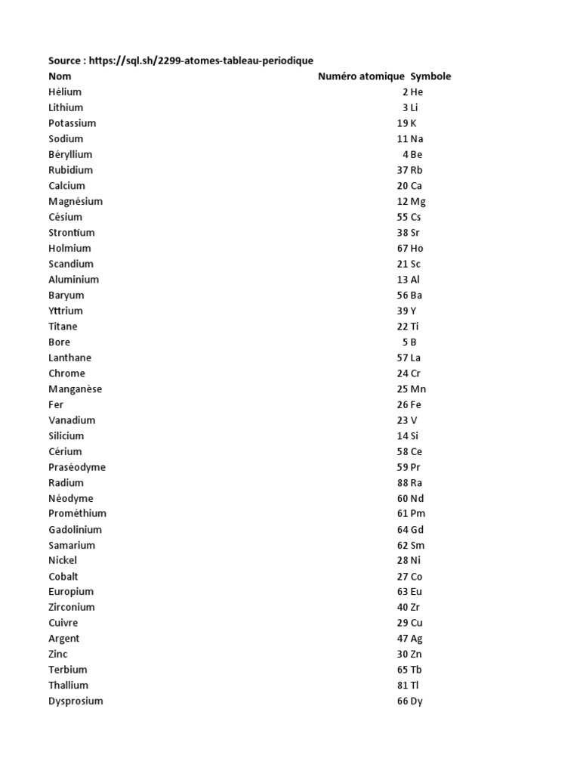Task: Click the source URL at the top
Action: pyautogui.click(x=201, y=60)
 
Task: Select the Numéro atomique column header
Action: pyautogui.click(x=361, y=76)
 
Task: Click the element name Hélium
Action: pyautogui.click(x=65, y=92)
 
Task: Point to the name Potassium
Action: pyautogui.click(x=72, y=123)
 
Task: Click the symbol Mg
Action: pyautogui.click(x=418, y=202)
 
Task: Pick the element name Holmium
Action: pyautogui.click(x=69, y=249)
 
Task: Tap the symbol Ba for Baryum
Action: pyautogui.click(x=416, y=296)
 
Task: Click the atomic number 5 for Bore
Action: pyautogui.click(x=405, y=342)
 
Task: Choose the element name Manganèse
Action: pyautogui.click(x=75, y=389)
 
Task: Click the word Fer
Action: pyautogui.click(x=56, y=405)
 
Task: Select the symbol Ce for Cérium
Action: pyautogui.click(x=416, y=452)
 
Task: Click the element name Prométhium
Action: pyautogui.click(x=77, y=514)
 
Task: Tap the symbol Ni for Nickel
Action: pyautogui.click(x=415, y=561)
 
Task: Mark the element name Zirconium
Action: pyautogui.click(x=72, y=608)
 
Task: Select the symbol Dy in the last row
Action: pyautogui.click(x=416, y=701)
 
